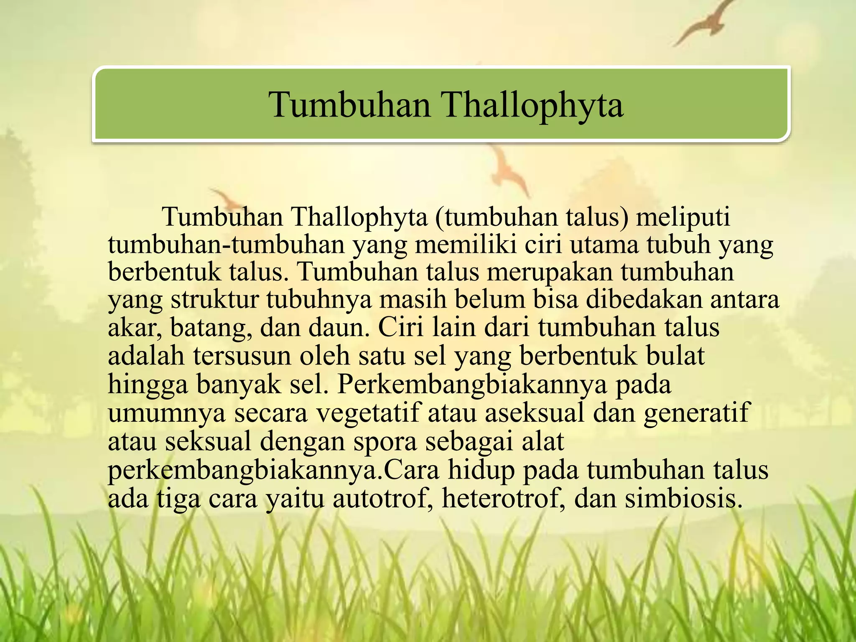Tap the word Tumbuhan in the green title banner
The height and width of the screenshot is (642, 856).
click(x=349, y=104)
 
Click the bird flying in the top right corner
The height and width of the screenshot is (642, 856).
click(x=706, y=23)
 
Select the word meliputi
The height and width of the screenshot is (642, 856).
click(x=683, y=217)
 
